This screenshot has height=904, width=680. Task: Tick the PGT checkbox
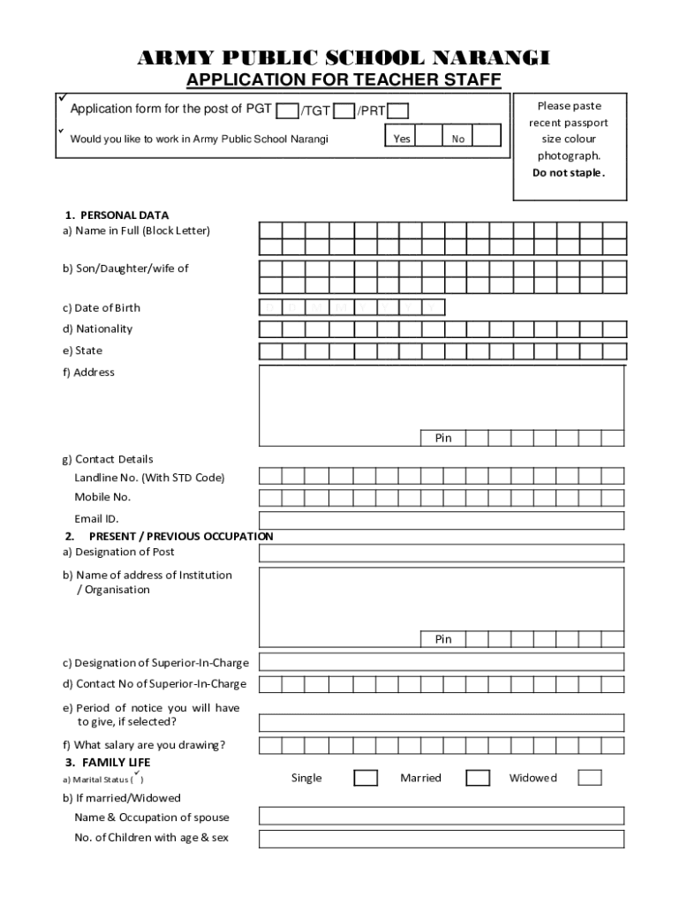287,111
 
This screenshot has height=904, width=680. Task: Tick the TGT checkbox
344,111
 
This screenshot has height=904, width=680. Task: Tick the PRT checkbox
398,111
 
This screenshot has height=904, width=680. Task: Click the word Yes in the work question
402,139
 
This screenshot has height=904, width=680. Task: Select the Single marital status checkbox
366,778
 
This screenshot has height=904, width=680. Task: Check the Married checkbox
478,778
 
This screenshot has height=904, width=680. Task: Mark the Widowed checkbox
590,778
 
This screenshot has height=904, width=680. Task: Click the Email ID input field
441,520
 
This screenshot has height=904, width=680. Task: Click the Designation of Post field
441,554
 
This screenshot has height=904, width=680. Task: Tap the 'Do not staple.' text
569,173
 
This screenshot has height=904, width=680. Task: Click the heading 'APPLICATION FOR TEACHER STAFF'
344,81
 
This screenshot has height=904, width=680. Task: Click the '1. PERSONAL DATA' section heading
116,215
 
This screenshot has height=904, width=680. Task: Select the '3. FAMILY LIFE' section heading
107,762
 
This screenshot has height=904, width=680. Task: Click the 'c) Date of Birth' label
101,308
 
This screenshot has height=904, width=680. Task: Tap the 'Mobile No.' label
102,497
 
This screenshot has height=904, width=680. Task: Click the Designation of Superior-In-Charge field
441,662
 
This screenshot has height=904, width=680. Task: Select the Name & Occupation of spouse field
441,816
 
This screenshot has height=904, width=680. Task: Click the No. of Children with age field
441,839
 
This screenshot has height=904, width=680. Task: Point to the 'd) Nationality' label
97,329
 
